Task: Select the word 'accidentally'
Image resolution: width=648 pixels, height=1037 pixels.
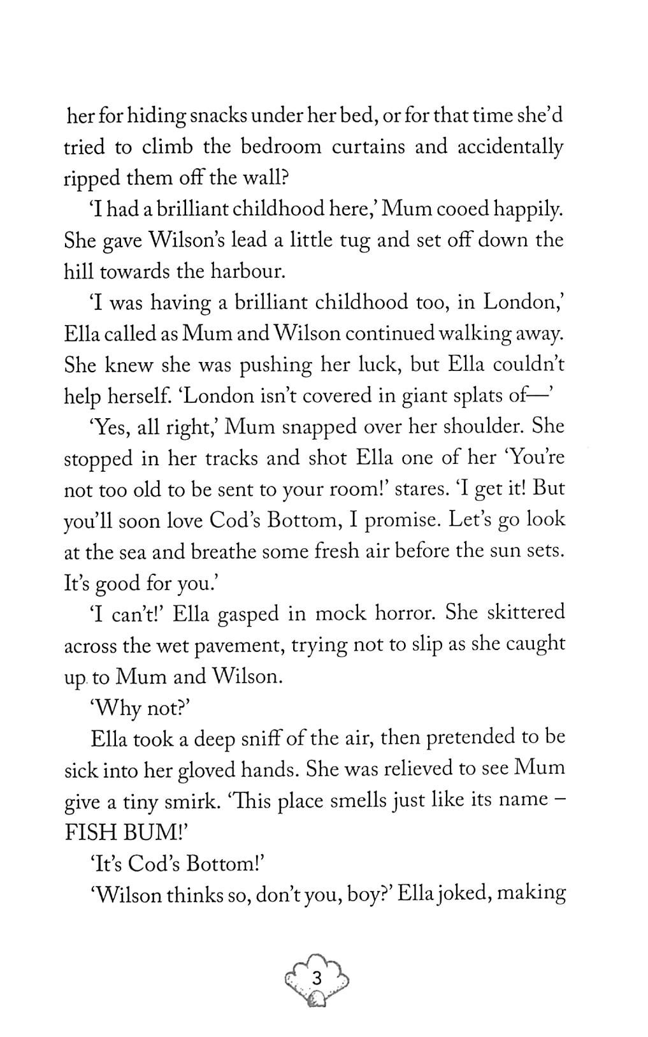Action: click(508, 147)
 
